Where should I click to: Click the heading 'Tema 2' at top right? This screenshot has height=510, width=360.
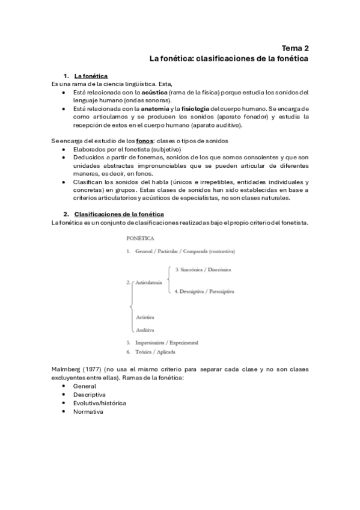point(295,48)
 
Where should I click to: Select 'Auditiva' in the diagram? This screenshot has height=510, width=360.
point(145,330)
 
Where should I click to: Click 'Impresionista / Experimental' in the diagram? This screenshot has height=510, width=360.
point(167,342)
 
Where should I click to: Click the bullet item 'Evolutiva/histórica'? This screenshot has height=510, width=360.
point(100,403)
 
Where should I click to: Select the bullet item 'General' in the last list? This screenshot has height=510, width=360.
point(85,386)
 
